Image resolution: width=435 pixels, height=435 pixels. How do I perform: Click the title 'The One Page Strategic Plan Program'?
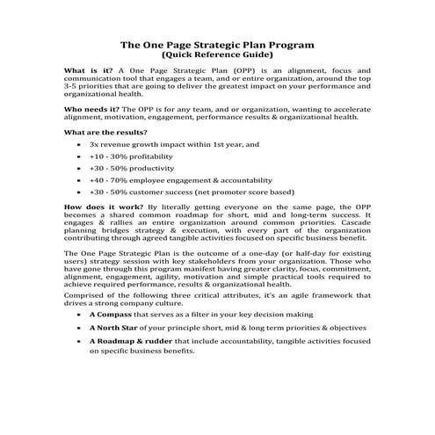coord(217,43)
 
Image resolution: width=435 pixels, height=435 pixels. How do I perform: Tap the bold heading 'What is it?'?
coord(88,69)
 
